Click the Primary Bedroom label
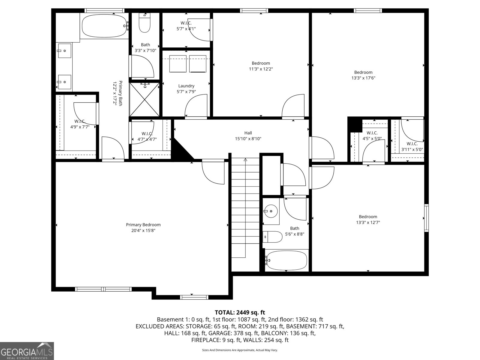[143, 225]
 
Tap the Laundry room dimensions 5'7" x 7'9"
[186, 92]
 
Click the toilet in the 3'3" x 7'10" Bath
[145, 24]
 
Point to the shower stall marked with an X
[145, 99]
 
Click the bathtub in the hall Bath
[286, 260]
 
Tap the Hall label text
[248, 133]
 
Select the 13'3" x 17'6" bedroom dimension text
[363, 78]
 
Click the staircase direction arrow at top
[245, 160]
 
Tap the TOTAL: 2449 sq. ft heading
[240, 313]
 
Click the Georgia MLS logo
[27, 351]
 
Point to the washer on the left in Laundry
[178, 64]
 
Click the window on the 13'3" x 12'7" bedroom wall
[426, 218]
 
